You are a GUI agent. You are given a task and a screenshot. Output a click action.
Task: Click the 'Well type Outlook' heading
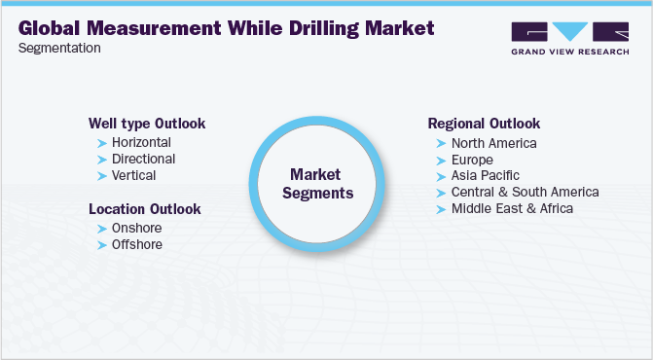click(147, 124)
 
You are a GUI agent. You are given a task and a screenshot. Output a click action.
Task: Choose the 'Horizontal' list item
click(142, 142)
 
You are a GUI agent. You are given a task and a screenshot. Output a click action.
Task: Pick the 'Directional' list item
click(144, 159)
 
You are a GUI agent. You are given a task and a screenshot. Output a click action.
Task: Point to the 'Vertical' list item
click(134, 175)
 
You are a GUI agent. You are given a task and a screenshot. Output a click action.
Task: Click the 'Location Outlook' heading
click(145, 209)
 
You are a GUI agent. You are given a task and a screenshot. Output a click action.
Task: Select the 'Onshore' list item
click(137, 228)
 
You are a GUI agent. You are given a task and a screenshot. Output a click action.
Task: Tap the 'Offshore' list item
click(137, 244)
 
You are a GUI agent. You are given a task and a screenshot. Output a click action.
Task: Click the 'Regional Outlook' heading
click(484, 124)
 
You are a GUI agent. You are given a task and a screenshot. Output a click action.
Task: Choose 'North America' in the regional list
click(493, 143)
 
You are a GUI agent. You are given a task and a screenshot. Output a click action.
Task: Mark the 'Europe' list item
click(472, 160)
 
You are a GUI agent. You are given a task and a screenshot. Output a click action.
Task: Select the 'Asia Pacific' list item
click(486, 175)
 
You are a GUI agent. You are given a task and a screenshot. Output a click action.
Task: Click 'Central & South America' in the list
click(525, 192)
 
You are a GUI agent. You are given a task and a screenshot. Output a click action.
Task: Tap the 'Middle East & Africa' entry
click(512, 208)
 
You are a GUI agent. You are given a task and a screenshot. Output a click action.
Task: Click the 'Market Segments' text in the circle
click(317, 184)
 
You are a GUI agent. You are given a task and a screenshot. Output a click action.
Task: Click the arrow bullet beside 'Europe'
click(441, 160)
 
